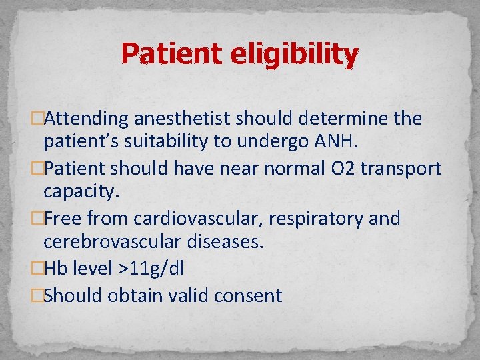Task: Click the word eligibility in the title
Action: tap(295, 55)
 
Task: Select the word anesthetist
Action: tap(182, 119)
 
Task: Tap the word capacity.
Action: tap(81, 193)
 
